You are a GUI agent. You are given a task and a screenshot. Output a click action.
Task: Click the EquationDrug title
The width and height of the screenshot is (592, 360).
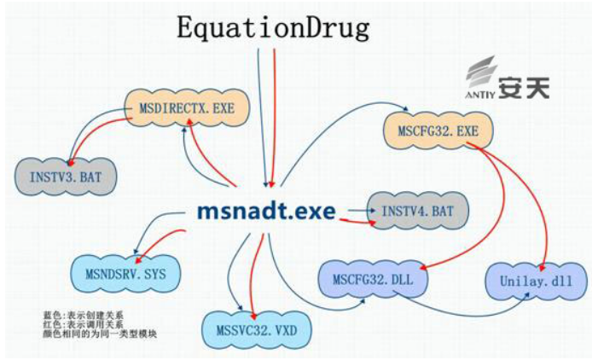[x=273, y=28]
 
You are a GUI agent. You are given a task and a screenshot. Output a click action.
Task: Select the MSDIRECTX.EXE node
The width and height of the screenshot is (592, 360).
[x=187, y=108]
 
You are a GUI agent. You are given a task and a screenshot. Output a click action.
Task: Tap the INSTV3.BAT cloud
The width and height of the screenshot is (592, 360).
[x=66, y=177]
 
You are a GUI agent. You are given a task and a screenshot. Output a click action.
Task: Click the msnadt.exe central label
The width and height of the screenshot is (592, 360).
[x=266, y=212]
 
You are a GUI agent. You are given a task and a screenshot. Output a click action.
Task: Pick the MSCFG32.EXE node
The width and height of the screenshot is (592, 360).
[x=438, y=131]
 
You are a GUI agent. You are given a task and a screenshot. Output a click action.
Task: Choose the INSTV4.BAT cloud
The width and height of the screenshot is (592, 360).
[x=418, y=211]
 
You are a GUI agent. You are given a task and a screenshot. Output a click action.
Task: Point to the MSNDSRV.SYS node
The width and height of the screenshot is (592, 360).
[x=125, y=274]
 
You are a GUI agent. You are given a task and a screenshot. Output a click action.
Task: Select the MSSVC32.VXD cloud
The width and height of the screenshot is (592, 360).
[x=257, y=330]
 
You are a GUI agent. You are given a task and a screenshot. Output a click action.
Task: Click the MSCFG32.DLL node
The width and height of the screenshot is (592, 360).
[x=373, y=280]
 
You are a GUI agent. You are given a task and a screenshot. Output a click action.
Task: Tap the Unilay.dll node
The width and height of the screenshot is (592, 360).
[x=536, y=282]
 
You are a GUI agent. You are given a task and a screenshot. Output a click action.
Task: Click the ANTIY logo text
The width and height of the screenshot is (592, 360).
[x=479, y=95]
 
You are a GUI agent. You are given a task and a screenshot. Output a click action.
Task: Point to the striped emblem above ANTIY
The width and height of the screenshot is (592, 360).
[x=480, y=73]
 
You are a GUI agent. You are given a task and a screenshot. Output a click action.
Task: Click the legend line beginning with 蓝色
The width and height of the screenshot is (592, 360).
[x=83, y=316]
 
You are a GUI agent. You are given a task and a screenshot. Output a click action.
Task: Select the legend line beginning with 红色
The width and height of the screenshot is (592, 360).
[x=83, y=324]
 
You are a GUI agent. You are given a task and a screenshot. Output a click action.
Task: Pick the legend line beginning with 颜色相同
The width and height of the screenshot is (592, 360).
[x=100, y=334]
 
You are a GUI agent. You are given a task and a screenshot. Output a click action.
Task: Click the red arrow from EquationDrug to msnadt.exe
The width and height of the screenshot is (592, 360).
[x=274, y=118]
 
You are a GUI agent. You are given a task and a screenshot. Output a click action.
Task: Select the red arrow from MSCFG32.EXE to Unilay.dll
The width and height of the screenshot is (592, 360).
[x=531, y=189]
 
